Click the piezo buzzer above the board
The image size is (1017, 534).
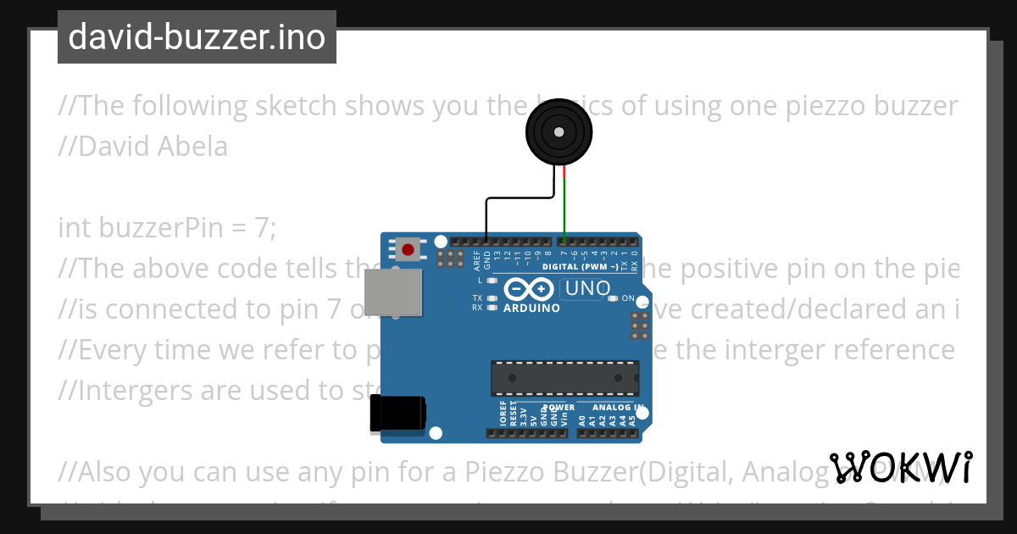click(558, 131)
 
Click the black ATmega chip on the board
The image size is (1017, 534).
click(565, 378)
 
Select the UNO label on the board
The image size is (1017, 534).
click(587, 288)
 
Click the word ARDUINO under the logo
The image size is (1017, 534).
click(531, 309)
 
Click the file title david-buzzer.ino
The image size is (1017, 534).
click(197, 37)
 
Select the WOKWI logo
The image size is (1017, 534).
click(900, 467)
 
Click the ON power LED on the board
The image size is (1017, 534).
click(613, 298)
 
